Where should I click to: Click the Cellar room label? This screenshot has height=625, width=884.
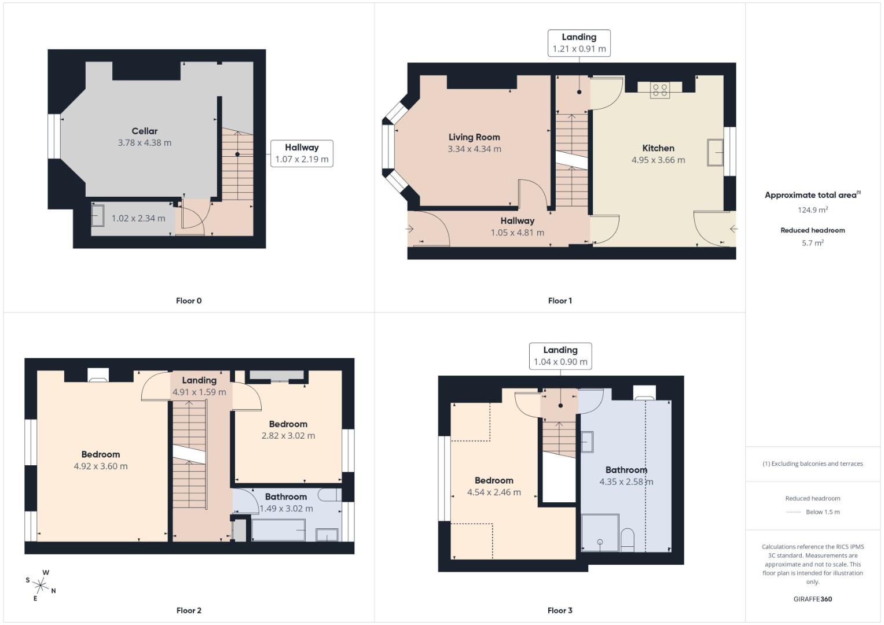click(x=144, y=131)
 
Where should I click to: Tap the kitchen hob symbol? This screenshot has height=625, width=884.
click(x=660, y=90)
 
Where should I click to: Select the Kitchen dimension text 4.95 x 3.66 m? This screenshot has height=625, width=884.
click(x=658, y=160)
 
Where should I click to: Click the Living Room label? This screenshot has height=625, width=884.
click(x=474, y=137)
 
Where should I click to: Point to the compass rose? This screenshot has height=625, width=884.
click(x=41, y=586)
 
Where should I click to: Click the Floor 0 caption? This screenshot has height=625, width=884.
click(x=189, y=301)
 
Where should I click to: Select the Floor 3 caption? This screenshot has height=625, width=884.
click(x=560, y=611)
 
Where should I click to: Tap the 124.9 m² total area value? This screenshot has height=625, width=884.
click(x=812, y=210)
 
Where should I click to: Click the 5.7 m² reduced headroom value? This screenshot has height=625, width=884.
click(x=812, y=243)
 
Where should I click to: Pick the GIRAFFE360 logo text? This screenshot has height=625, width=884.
click(x=812, y=599)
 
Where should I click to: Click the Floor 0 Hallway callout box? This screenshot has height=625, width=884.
click(x=302, y=153)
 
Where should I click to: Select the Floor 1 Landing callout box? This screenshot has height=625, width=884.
click(x=579, y=43)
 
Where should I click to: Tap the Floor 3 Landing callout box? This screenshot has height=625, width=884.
click(x=560, y=356)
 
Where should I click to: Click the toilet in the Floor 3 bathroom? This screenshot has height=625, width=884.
click(x=627, y=539)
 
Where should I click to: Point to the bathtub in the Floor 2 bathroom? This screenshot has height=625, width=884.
click(x=278, y=530)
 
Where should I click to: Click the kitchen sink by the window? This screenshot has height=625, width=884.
click(x=715, y=152)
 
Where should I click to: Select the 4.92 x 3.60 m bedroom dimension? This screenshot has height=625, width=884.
click(x=101, y=466)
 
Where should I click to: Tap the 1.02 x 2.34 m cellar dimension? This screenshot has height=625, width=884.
click(x=138, y=218)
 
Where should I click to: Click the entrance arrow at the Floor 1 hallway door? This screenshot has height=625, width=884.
click(x=410, y=229)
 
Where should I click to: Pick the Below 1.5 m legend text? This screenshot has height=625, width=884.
click(x=822, y=512)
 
